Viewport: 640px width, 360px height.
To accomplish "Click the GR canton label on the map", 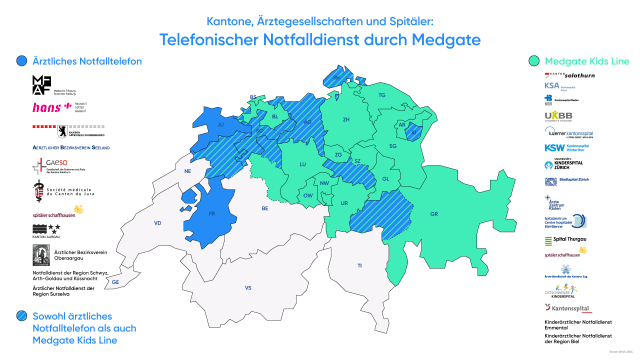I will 434,214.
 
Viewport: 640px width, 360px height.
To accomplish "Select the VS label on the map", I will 248,288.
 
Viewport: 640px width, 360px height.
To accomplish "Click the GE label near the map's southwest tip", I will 116,282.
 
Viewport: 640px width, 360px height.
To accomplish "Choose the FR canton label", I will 212,213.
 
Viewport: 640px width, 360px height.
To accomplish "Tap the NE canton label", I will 187,171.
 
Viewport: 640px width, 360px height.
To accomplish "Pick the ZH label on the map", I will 346,120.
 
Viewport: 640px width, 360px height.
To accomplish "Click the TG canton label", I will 381,95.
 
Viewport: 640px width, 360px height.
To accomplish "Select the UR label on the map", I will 344,203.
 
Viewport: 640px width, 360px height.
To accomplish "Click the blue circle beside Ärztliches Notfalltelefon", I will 22,62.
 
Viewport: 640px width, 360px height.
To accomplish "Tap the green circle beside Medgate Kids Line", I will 536,62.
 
